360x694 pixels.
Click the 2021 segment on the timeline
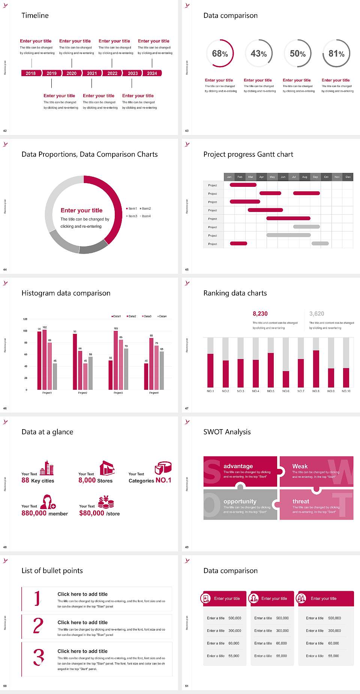92,73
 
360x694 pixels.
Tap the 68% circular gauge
220,54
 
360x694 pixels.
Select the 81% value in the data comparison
336,54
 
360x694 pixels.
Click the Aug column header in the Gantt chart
304,177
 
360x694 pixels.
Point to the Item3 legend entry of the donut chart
132,216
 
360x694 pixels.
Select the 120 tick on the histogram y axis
25,319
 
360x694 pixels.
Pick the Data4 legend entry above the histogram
162,316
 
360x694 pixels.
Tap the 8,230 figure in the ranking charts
260,314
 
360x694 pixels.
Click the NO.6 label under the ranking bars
286,391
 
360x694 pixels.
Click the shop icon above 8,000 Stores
107,468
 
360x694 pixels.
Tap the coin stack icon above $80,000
106,502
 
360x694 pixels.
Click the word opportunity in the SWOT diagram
240,502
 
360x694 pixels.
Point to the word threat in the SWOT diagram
301,502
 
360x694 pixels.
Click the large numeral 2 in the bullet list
38,626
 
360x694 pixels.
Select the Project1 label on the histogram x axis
47,393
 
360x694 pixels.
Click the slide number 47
187,408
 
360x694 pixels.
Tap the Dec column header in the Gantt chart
348,177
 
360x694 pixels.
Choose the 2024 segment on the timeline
152,73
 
